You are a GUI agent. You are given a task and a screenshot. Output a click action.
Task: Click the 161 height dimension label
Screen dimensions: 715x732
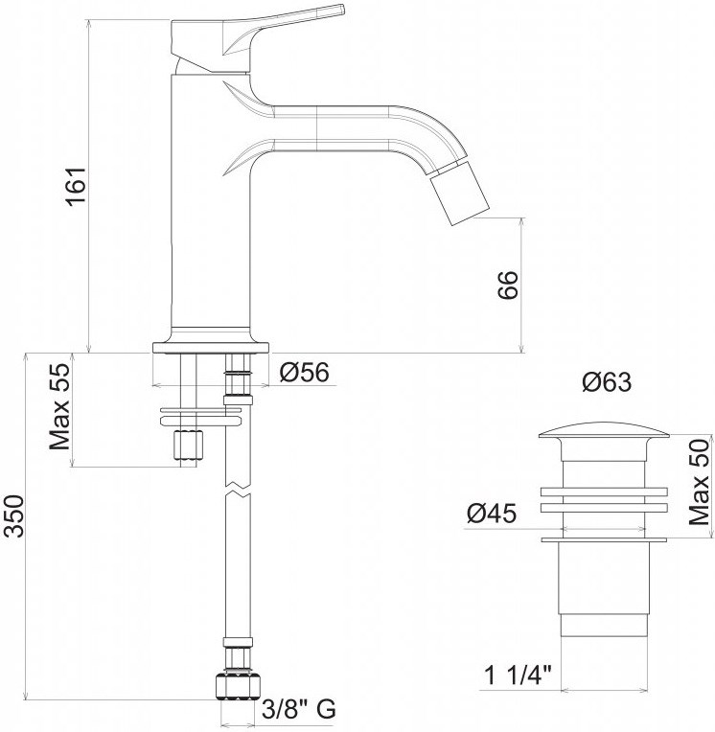click(x=76, y=185)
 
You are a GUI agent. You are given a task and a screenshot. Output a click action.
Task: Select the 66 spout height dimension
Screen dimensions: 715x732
click(x=508, y=285)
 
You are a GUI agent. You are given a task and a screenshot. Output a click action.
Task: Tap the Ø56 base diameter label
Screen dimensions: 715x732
click(x=305, y=372)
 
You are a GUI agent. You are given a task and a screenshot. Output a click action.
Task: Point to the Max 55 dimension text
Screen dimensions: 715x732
click(x=59, y=406)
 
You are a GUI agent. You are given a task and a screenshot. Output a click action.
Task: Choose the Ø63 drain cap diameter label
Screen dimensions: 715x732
click(x=607, y=382)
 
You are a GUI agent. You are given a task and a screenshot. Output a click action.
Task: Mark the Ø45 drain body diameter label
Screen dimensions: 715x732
click(x=492, y=514)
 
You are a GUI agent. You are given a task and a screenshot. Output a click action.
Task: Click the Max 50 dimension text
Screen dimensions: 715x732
click(x=699, y=482)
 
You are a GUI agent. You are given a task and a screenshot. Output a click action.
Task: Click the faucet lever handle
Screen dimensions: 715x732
click(x=257, y=33)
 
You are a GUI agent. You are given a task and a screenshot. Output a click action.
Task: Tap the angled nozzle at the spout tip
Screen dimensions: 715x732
click(x=458, y=193)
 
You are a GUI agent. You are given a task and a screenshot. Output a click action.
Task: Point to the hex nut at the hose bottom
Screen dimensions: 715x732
click(x=238, y=685)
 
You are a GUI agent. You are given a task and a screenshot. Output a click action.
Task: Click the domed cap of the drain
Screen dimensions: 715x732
click(x=604, y=430)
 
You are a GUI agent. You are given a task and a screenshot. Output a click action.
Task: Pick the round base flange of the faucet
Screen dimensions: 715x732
click(x=212, y=348)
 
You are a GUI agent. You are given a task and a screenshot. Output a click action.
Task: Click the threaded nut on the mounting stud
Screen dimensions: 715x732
click(x=189, y=445)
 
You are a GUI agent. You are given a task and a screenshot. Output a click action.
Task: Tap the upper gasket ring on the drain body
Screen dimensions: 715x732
click(x=604, y=492)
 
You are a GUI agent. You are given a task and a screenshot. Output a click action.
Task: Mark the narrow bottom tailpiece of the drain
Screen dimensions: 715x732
click(x=604, y=625)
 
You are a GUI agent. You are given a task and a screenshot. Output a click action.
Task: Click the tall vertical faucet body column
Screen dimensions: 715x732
click(x=211, y=201)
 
